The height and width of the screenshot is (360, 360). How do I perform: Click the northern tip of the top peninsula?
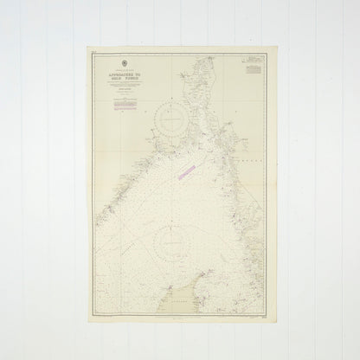pos(211,56)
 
